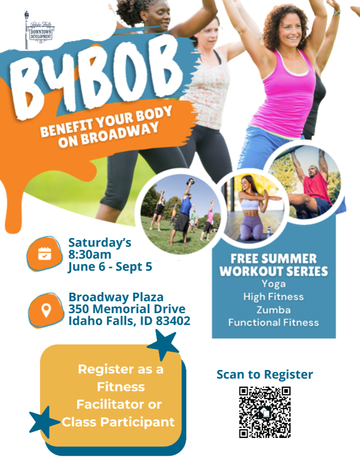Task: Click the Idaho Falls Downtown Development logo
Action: point(40,31)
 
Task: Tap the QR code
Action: point(265,412)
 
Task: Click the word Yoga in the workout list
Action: point(274,284)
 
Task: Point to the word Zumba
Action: point(273,310)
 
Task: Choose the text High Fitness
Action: point(273,297)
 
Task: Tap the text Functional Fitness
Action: point(273,322)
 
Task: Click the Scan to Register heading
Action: point(265,374)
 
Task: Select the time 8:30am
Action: point(90,254)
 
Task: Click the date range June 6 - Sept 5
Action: point(110,267)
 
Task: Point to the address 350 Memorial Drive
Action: point(127,309)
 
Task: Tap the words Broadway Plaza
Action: point(116,297)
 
